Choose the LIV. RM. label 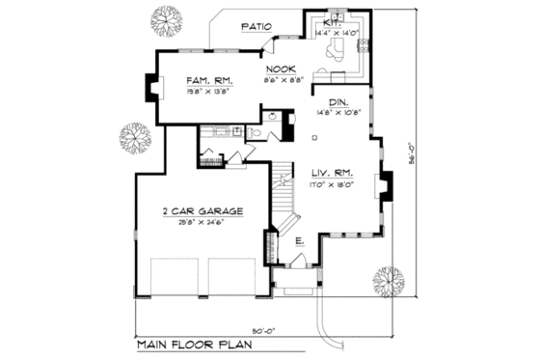tap(330, 173)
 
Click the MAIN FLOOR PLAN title tap(193, 344)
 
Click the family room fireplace tap(151, 88)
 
